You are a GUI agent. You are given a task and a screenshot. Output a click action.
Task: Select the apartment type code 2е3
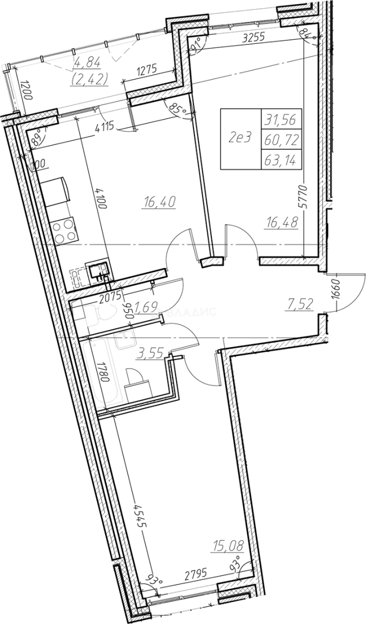(x=239, y=138)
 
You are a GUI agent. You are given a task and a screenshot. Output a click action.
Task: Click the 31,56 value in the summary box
(x=279, y=120)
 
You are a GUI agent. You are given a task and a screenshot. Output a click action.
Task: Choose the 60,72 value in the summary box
(x=279, y=139)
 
